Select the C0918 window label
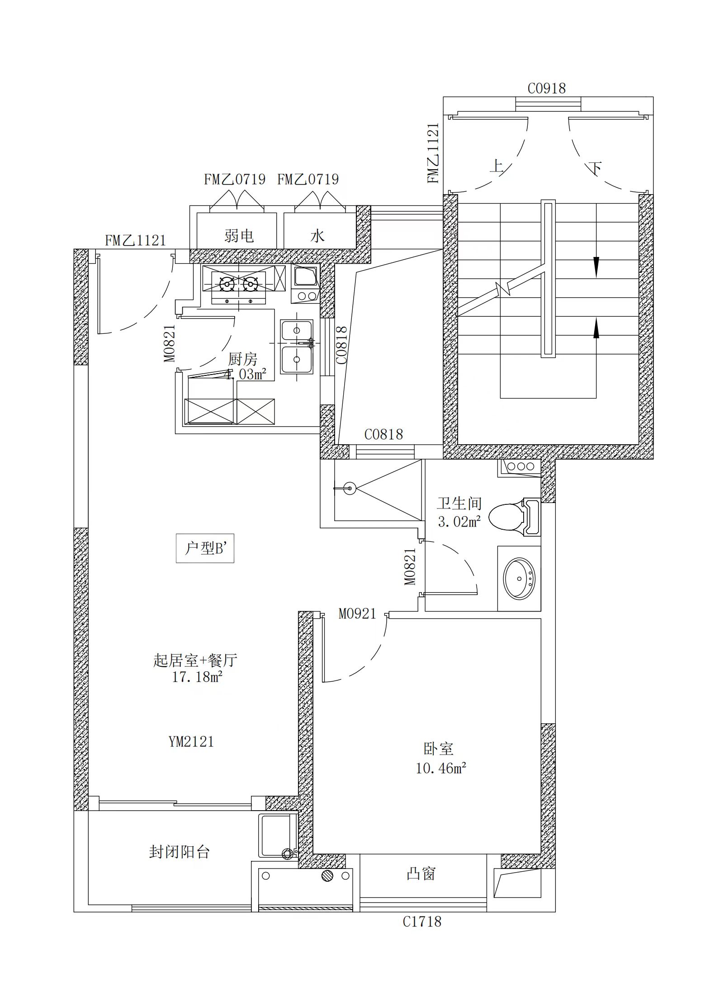547,88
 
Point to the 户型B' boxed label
205,548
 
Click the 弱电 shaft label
239,235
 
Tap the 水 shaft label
317,235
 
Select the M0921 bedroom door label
357,613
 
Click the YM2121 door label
191,742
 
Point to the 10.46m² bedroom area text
441,768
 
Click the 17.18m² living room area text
197,677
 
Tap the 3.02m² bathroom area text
459,522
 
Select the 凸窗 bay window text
421,874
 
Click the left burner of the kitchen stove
226,284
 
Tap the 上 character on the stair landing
497,166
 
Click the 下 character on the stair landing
595,169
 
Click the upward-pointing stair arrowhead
596,328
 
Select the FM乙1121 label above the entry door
135,240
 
